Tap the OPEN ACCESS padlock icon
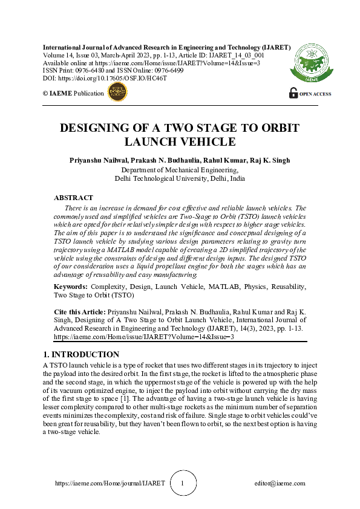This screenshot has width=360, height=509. [x=293, y=93]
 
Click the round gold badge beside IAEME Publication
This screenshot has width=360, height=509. [x=117, y=92]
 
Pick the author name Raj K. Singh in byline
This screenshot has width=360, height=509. [x=270, y=160]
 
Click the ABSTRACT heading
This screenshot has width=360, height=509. [x=73, y=198]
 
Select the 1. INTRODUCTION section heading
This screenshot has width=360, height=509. [x=82, y=354]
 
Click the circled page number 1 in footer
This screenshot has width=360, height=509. [x=182, y=484]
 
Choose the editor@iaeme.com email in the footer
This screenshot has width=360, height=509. [x=280, y=484]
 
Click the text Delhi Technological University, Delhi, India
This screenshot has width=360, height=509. [x=180, y=178]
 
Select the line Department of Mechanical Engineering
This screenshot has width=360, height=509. [x=180, y=170]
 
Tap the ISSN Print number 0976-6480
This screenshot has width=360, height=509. [x=92, y=70]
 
